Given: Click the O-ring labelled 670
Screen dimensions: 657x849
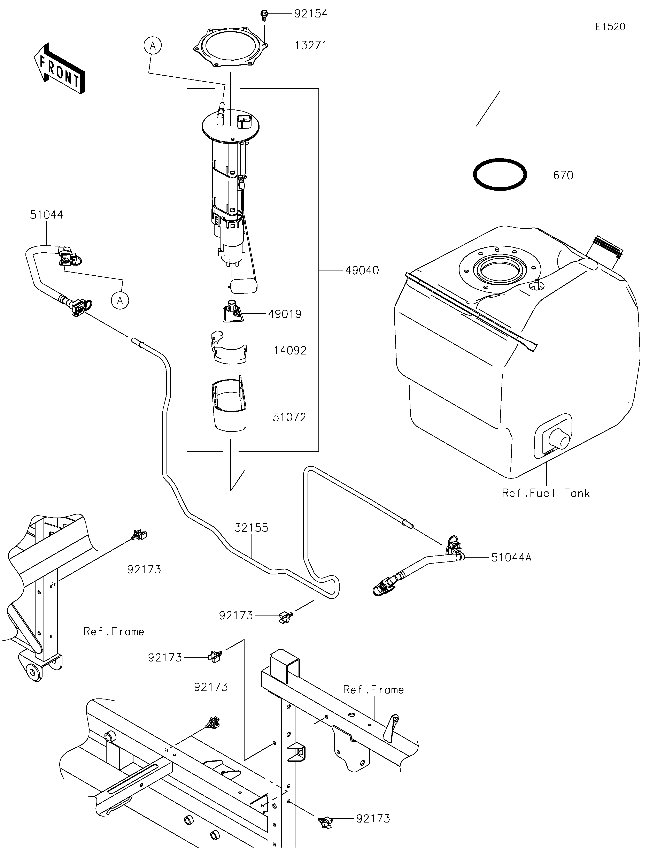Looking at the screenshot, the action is [500, 175].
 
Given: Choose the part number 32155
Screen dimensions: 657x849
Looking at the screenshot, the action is [251, 528].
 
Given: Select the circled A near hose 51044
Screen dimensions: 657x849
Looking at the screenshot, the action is [120, 300].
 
